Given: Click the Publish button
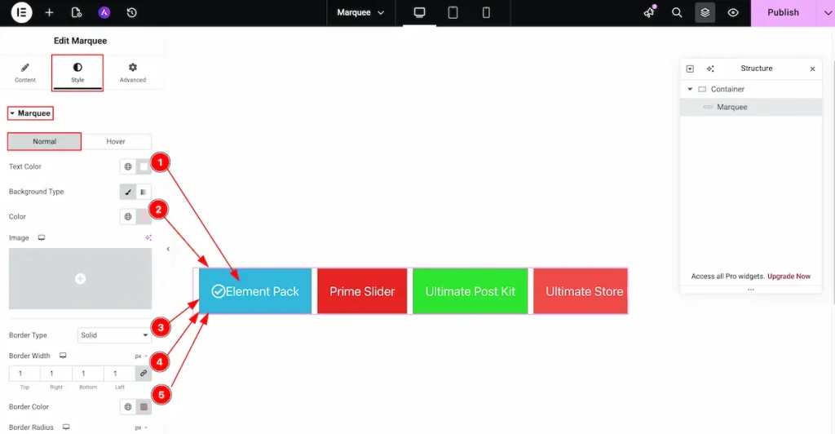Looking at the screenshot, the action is [783, 13].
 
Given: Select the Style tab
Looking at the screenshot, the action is [77, 73].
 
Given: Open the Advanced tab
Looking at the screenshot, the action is [133, 73].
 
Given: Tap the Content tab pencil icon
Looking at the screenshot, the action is [25, 68].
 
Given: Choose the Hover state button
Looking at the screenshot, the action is [116, 142].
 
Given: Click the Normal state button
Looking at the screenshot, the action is [44, 142].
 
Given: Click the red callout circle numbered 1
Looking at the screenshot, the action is [160, 162].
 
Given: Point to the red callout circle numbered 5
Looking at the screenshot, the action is [161, 395].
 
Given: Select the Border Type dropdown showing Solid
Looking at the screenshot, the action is [114, 335].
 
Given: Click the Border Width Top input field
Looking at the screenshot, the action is [24, 374].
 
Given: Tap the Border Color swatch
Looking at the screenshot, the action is [144, 407].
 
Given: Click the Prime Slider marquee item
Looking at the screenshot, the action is [362, 291].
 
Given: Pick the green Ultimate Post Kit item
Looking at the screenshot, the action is [471, 291].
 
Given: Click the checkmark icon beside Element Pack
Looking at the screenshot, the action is [218, 291].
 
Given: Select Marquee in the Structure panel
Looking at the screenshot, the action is [731, 107].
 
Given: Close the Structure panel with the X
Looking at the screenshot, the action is [812, 69].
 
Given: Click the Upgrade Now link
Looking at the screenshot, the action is [789, 277].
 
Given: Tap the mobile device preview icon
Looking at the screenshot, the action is [486, 13].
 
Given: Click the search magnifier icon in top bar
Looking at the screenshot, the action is [677, 13].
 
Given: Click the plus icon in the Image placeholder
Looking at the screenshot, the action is [80, 278].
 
